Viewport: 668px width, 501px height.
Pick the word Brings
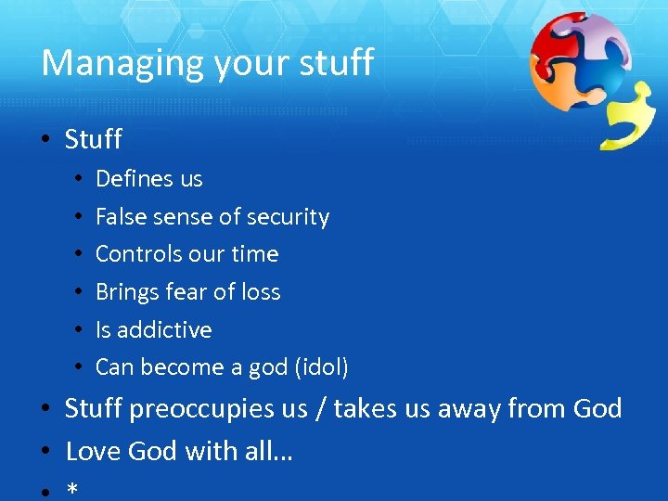(125, 292)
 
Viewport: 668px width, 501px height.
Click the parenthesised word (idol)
(321, 367)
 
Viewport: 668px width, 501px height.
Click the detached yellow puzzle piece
(629, 117)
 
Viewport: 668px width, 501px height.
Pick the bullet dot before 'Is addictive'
(81, 329)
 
